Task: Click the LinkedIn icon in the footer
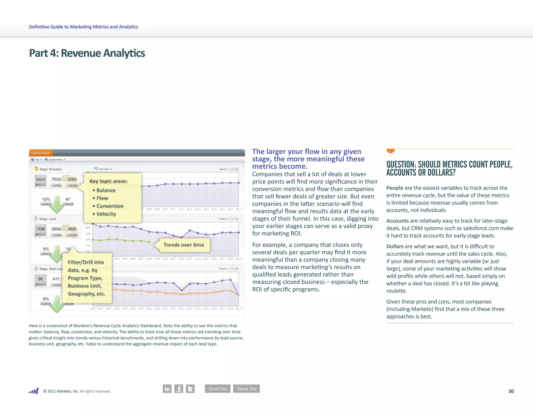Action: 167,389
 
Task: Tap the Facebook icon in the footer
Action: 179,389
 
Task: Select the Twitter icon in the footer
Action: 190,389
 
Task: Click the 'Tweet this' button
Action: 246,389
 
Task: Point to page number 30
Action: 511,391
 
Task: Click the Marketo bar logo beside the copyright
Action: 34,391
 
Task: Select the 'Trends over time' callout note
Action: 184,245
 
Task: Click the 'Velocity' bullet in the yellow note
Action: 106,214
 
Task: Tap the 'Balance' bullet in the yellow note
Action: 106,190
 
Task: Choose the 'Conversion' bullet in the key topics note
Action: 110,206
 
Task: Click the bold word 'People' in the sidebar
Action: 395,188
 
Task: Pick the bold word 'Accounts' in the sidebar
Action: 397,221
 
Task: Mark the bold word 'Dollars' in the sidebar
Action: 395,246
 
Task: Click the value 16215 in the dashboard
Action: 40,179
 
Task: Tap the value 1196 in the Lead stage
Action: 40,229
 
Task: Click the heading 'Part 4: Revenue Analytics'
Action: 87,53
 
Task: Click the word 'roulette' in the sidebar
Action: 396,291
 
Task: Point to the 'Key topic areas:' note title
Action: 109,181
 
